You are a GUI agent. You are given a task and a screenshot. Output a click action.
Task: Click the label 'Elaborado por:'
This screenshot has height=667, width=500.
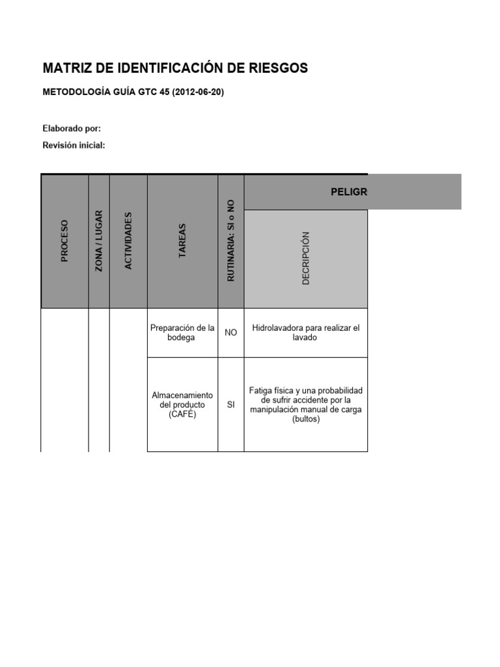72,128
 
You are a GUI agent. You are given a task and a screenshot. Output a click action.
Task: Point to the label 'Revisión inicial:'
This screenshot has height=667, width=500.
74,145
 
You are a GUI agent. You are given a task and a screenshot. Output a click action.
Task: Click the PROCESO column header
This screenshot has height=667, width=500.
64,241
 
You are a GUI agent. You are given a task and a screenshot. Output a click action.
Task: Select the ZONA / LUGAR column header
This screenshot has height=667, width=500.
99,241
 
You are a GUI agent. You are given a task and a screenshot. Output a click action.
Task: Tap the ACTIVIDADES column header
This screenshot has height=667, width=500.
128,241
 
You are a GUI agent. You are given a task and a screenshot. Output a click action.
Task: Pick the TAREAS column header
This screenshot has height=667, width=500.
182,241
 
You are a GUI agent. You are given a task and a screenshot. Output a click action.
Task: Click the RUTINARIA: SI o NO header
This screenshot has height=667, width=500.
230,241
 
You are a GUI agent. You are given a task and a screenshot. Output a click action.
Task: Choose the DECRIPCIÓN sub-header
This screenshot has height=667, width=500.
306,258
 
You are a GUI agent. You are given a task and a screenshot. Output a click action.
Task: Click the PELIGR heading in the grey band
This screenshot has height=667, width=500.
348,192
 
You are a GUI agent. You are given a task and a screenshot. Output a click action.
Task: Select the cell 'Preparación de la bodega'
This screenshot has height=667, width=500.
182,333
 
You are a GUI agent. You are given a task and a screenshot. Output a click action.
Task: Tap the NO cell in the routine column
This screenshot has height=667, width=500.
230,333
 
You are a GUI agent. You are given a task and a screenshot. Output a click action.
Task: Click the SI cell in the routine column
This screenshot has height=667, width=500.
230,404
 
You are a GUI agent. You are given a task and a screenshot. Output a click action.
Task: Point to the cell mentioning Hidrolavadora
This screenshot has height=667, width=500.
305,333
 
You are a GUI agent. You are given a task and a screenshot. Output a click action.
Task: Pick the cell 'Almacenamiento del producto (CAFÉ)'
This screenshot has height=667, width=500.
182,404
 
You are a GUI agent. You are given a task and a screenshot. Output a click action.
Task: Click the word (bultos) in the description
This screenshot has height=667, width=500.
305,419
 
